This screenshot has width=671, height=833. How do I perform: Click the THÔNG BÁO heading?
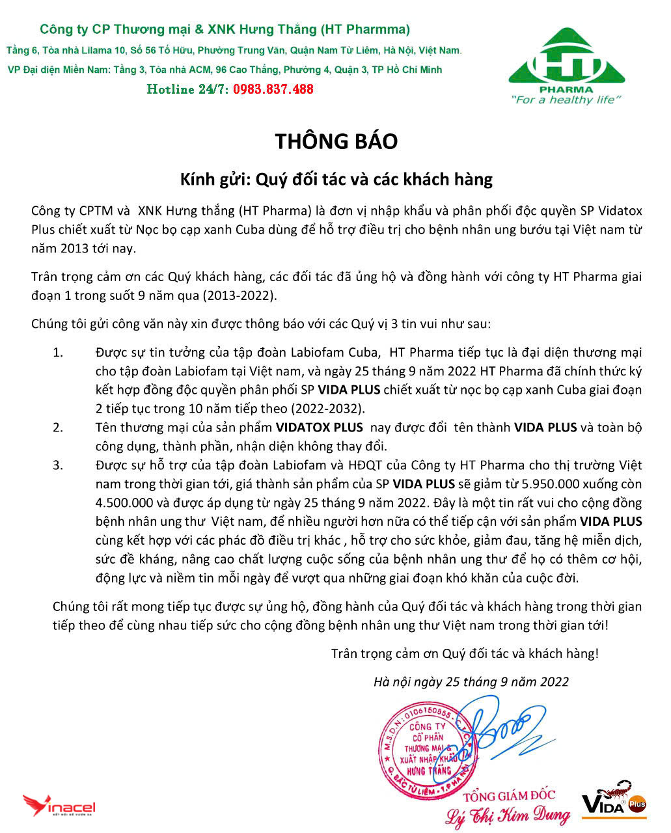(x=336, y=141)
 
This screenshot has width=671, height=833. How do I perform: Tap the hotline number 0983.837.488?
(x=273, y=89)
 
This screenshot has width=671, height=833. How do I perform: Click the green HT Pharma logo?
(x=566, y=62)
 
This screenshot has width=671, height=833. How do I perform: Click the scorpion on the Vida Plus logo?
(x=619, y=789)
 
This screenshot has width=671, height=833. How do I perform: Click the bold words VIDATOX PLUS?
(x=319, y=428)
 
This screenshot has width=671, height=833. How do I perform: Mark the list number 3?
(x=59, y=465)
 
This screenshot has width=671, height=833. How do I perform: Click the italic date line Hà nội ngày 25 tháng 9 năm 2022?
(x=471, y=681)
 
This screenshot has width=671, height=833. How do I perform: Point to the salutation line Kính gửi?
(x=336, y=178)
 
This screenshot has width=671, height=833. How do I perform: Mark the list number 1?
(x=59, y=353)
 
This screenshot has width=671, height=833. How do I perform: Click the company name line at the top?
(x=225, y=29)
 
